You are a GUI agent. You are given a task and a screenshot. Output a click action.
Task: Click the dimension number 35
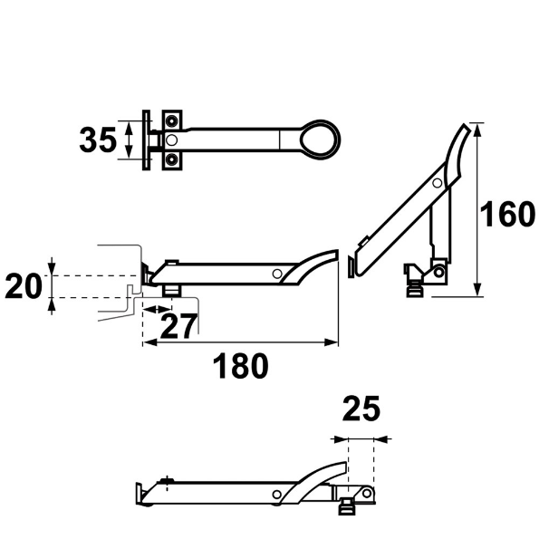[97, 140]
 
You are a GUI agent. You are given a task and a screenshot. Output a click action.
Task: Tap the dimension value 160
[507, 216]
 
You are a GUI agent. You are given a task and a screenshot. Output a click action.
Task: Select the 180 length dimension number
[240, 367]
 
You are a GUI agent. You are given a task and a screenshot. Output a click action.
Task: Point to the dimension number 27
[178, 325]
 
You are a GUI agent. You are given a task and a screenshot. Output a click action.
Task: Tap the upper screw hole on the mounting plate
[172, 120]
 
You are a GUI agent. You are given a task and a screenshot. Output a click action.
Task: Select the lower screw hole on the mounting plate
[172, 159]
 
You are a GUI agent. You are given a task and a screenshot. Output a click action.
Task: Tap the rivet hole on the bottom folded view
[277, 494]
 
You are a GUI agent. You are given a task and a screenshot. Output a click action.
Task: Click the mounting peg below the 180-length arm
[170, 289]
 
